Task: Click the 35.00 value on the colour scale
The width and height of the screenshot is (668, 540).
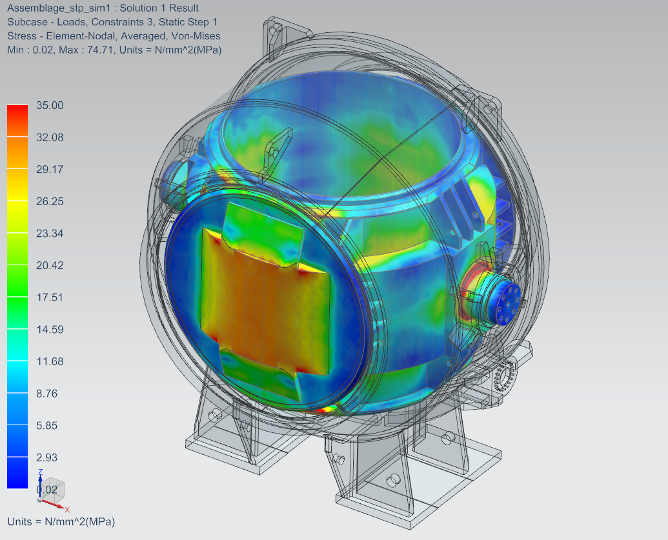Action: (x=50, y=105)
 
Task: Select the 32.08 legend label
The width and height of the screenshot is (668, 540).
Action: (x=50, y=137)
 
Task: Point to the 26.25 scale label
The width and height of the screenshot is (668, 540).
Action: (x=50, y=201)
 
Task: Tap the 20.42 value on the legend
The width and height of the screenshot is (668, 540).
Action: (x=50, y=265)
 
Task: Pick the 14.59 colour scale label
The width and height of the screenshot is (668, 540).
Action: (x=50, y=329)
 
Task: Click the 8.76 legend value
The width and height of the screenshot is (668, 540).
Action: (x=47, y=393)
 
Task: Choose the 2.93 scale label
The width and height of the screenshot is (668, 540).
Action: (x=47, y=457)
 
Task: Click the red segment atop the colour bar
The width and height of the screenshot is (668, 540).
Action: (x=17, y=121)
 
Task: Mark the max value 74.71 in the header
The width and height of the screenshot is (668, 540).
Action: (x=100, y=50)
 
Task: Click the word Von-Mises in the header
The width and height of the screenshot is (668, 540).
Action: (x=196, y=35)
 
